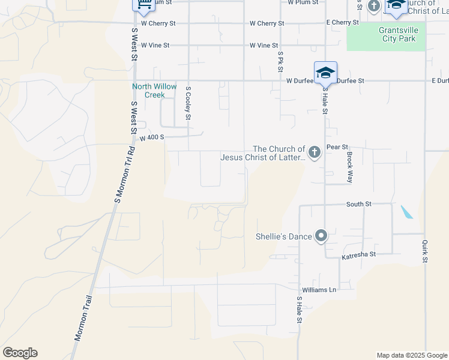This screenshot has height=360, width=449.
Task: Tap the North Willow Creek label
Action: point(154,91)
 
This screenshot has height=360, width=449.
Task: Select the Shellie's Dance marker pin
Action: point(321,236)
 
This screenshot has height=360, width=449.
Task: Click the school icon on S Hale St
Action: point(325,73)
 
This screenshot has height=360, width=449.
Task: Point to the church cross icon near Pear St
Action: point(314,154)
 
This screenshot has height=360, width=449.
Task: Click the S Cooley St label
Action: point(188,103)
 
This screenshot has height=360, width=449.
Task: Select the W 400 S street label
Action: point(152,138)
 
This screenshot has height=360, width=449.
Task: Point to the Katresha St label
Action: point(358,255)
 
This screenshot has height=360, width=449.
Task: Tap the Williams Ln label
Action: point(319,290)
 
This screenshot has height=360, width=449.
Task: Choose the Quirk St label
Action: point(424,251)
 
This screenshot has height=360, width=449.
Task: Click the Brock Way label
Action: point(349,167)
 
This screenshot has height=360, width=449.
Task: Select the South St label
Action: point(358,205)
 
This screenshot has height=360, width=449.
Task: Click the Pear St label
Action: point(337,147)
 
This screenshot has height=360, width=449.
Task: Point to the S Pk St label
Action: point(280,62)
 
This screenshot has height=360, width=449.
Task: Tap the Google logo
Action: point(20,353)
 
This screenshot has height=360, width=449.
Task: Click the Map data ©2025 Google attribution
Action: point(411,355)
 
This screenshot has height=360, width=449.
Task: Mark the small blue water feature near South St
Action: point(406,212)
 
